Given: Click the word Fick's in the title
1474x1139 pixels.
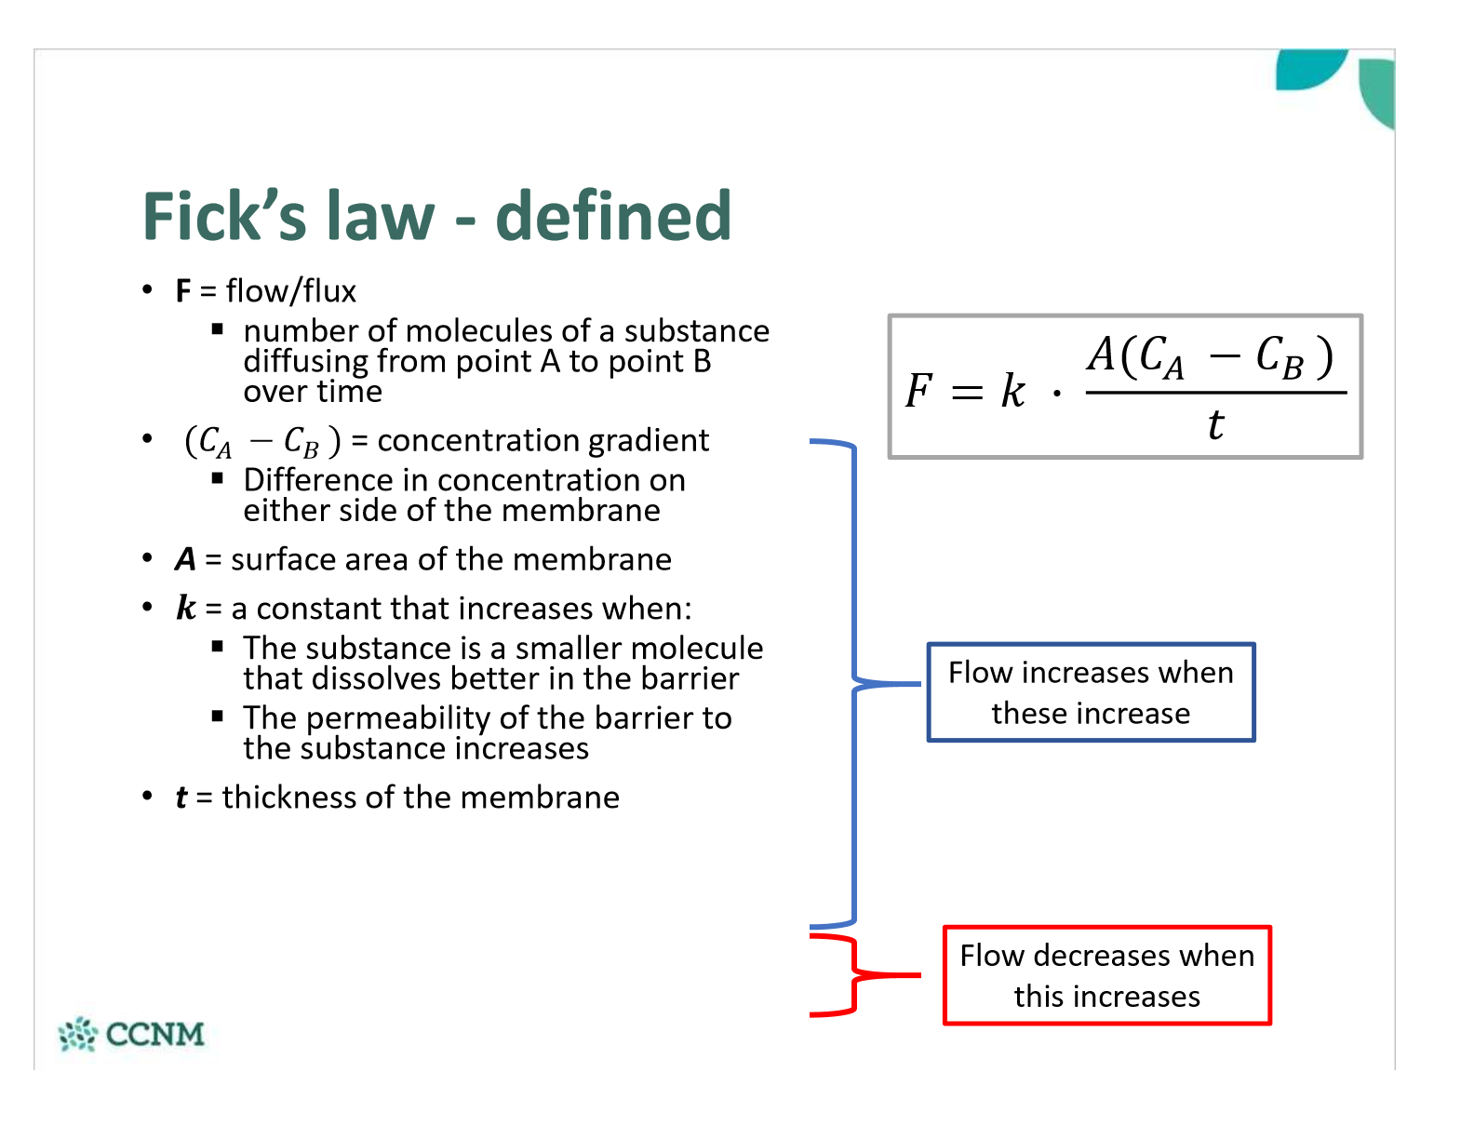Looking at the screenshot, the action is click(x=224, y=216).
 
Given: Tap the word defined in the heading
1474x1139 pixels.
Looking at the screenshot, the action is click(x=613, y=216).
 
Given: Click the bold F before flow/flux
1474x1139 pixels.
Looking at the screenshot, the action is click(x=183, y=291).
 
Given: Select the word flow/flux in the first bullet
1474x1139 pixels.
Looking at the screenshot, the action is click(x=291, y=291).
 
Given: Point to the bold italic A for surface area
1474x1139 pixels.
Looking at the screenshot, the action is click(x=186, y=559).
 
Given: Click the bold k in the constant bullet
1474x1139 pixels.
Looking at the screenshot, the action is click(x=186, y=609).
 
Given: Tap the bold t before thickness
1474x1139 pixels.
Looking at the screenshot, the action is click(x=181, y=797).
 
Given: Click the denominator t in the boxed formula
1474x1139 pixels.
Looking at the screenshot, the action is click(x=1215, y=425).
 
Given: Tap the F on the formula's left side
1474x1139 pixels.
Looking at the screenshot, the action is click(x=918, y=391).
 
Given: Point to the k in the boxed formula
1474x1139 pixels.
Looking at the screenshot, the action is click(x=1012, y=391).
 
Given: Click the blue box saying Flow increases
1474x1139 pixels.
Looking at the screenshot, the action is click(x=1091, y=692).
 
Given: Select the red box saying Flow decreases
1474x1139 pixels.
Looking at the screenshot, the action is click(x=1106, y=975).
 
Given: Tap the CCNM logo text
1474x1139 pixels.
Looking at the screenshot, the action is click(x=154, y=1034).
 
